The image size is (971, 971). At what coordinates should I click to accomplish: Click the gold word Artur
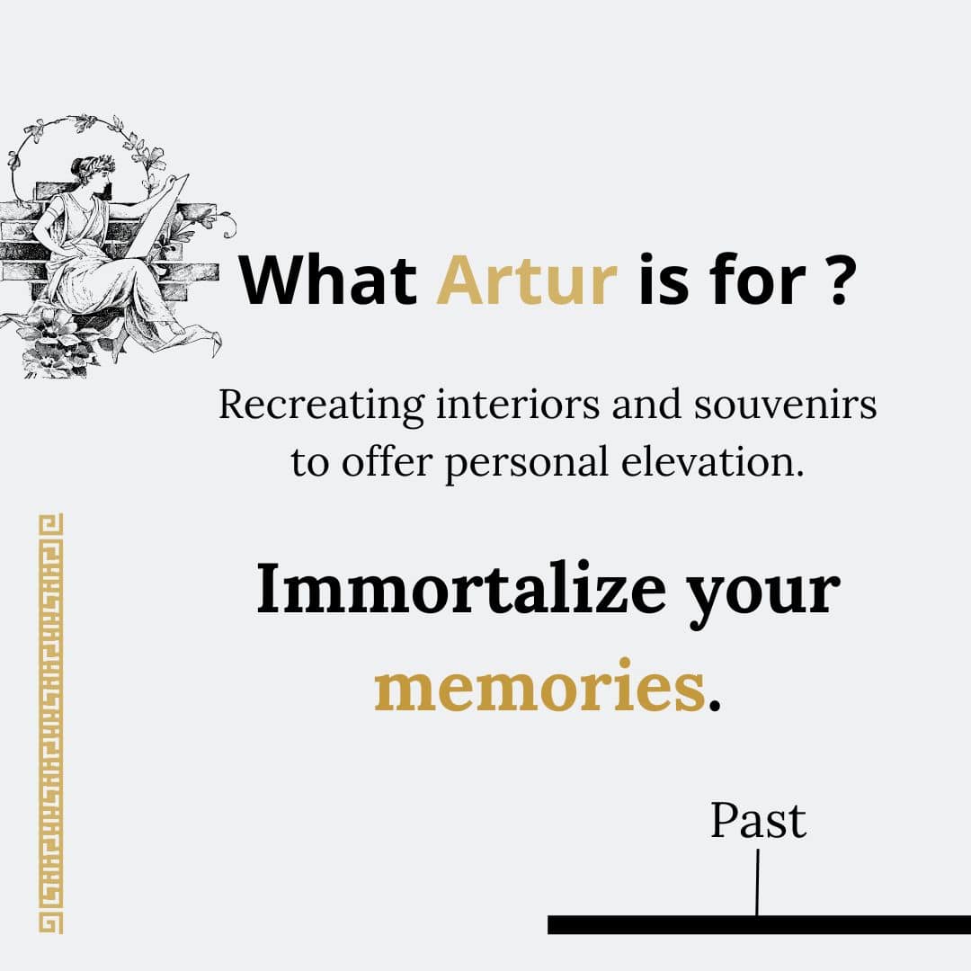[527, 280]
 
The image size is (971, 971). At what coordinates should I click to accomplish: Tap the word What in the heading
[328, 279]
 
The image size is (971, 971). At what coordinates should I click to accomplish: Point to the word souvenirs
[785, 405]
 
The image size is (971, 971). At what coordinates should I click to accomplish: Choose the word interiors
[519, 405]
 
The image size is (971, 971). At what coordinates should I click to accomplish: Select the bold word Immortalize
[461, 588]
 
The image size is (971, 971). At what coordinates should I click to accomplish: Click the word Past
[758, 821]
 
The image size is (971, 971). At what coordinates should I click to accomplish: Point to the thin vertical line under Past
[757, 882]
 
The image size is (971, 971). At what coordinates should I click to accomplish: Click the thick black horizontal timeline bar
[759, 924]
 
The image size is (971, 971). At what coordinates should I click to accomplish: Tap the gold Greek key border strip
[50, 723]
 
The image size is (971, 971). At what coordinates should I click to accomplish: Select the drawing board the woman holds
[161, 214]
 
